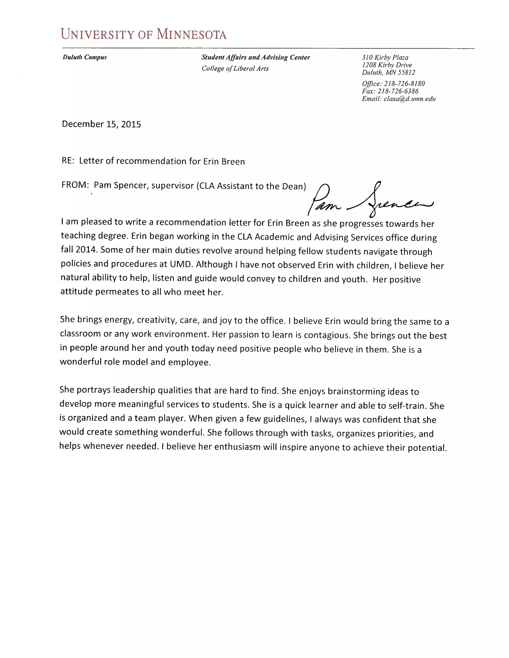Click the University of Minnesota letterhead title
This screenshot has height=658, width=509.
point(144,34)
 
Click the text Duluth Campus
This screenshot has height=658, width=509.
point(85,57)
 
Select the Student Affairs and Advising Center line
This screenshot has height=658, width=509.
point(256,57)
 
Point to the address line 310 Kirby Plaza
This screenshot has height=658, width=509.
point(385,57)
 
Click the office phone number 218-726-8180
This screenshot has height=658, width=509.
point(404,83)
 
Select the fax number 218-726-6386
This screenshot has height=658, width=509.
point(398,91)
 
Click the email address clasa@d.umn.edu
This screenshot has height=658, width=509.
point(410,99)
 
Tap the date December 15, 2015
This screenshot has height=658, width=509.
point(101,124)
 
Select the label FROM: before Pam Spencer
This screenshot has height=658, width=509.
point(75,185)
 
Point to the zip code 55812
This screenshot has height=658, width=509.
point(406,72)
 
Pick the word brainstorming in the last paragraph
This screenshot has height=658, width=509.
point(356,391)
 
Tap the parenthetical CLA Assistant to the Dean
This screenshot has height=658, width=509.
point(251,186)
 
